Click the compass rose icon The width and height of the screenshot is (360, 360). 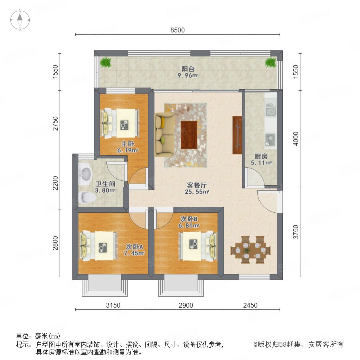20,20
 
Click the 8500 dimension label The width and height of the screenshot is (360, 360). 178,30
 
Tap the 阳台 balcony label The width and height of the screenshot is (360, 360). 188,69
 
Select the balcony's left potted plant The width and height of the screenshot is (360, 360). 106,62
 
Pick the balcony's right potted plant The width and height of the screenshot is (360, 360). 271,62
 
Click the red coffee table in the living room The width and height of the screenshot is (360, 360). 189,135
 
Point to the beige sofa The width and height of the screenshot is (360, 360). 164,134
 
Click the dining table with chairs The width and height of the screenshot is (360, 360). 250,250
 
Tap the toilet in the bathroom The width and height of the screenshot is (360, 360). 87,197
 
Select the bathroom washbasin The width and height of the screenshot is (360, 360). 85,174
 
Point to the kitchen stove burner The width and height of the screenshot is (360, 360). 270,140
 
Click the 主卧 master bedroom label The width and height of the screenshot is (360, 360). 128,144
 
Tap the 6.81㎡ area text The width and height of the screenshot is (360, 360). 189,226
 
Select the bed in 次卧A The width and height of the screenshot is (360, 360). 98,246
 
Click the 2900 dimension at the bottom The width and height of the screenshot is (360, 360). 186,305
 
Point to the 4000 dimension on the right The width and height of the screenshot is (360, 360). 296,138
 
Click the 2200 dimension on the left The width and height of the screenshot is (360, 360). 55,183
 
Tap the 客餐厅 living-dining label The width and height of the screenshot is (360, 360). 197,185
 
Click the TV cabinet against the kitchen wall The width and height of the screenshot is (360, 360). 237,135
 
